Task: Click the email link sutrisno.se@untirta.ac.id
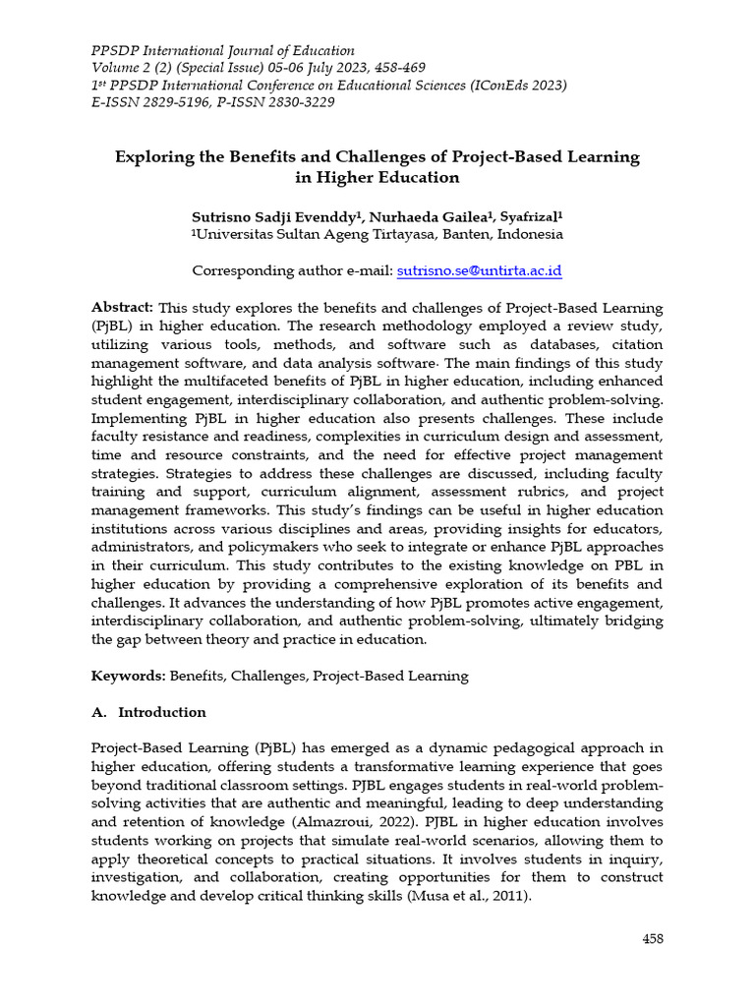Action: coord(479,270)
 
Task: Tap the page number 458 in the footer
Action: coord(653,938)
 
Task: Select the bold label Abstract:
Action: coord(123,307)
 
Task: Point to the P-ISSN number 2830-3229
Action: coord(296,101)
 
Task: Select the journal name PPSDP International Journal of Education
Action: coord(223,50)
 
